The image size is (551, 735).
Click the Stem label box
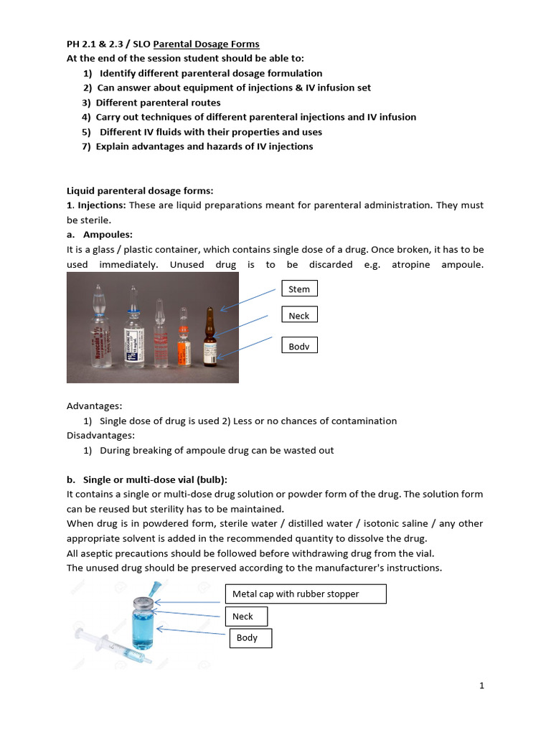(299, 289)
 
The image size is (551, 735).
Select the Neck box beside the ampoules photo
(299, 316)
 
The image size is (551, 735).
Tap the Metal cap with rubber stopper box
(306, 594)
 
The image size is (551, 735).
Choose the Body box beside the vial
(250, 637)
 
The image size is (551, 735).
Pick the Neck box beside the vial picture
(247, 616)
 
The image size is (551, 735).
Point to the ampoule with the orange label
(184, 341)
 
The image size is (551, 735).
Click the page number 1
(482, 685)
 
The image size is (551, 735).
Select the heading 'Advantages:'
(94, 406)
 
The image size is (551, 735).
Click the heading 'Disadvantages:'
(100, 435)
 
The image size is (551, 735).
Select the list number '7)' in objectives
(87, 146)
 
